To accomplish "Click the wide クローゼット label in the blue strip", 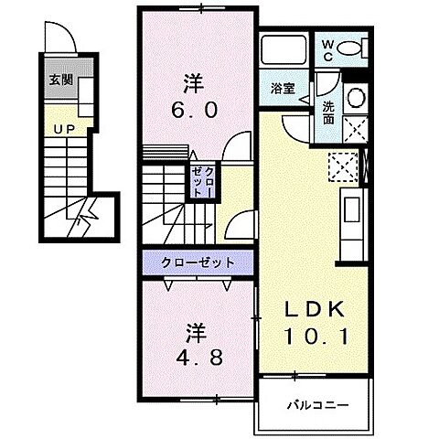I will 198,263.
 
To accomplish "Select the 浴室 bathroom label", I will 283,89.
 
